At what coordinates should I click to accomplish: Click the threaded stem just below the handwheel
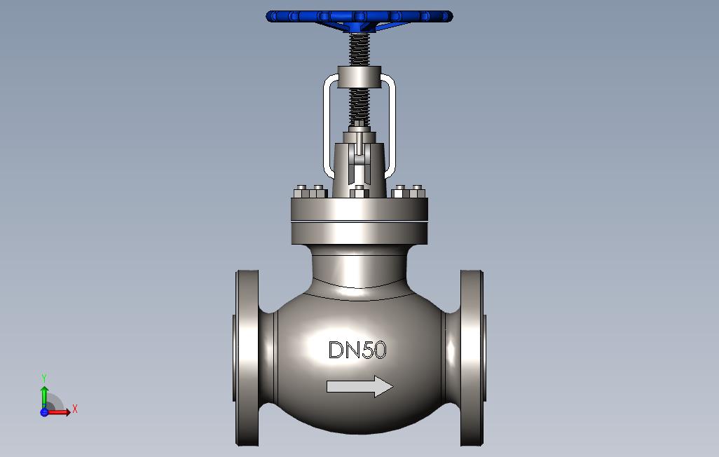pyautogui.click(x=359, y=50)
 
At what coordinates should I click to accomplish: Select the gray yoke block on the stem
pyautogui.click(x=359, y=76)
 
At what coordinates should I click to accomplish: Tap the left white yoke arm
pyautogui.click(x=324, y=126)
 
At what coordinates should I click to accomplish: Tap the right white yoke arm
pyautogui.click(x=392, y=126)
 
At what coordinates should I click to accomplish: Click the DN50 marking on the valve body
pyautogui.click(x=357, y=350)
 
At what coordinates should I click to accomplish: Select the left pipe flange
pyautogui.click(x=247, y=357)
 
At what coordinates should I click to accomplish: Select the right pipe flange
pyautogui.click(x=472, y=357)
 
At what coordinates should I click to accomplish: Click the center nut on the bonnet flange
pyautogui.click(x=359, y=191)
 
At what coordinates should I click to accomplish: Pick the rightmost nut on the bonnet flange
pyautogui.click(x=418, y=191)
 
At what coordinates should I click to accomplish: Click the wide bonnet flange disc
pyautogui.click(x=359, y=209)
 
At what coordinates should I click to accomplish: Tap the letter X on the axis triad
pyautogui.click(x=75, y=409)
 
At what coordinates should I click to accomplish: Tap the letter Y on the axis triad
pyautogui.click(x=44, y=378)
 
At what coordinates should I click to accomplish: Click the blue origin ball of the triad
pyautogui.click(x=44, y=412)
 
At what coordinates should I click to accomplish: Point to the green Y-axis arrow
pyautogui.click(x=44, y=395)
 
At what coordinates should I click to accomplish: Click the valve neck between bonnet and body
pyautogui.click(x=359, y=266)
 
